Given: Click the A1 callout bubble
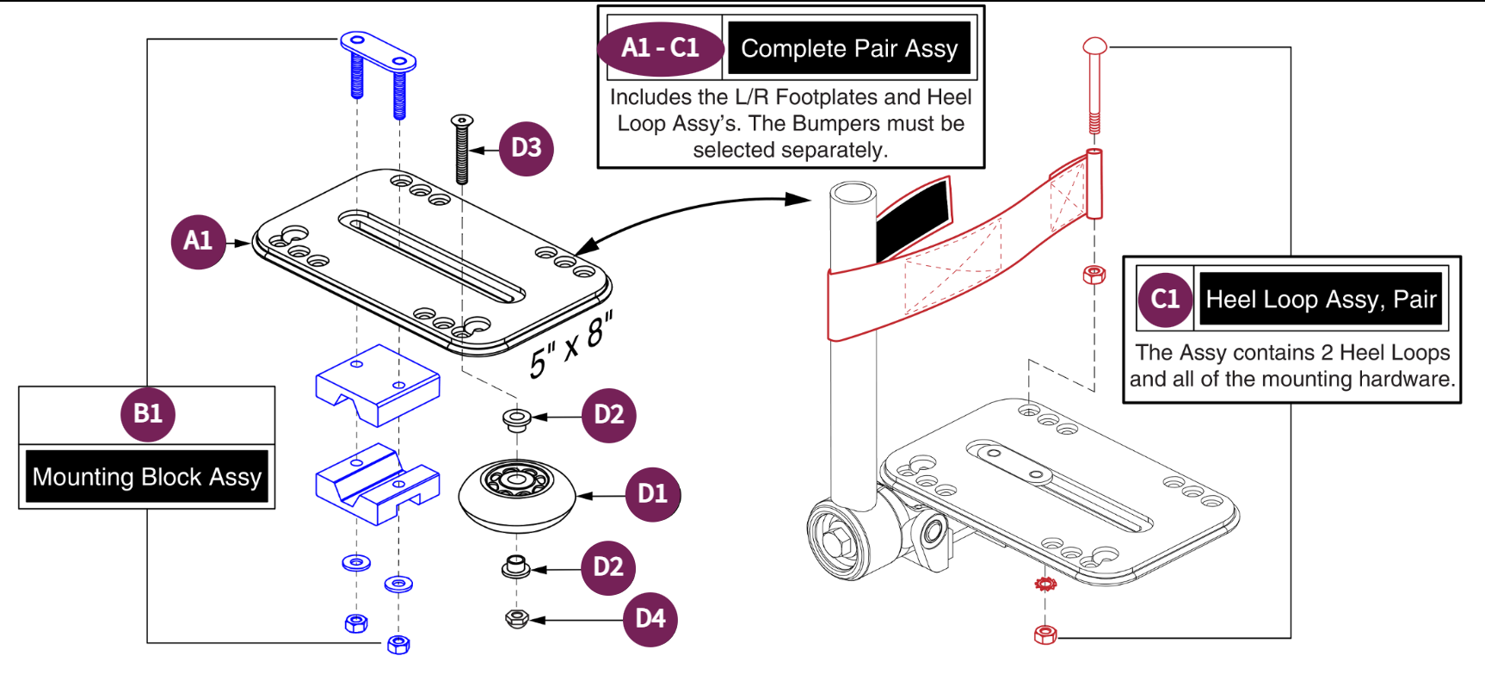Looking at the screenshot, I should click(x=198, y=242).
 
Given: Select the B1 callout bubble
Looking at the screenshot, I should click(x=148, y=414).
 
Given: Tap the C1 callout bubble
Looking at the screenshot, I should click(x=1165, y=300).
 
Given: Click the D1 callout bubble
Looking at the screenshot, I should click(x=652, y=494).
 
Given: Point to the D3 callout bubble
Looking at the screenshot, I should click(x=526, y=148).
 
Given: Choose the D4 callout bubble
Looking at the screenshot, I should click(x=650, y=619).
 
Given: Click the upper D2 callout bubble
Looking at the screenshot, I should click(x=609, y=415).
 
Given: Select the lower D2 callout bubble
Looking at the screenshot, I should click(x=608, y=567).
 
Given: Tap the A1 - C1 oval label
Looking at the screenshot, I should click(x=661, y=48).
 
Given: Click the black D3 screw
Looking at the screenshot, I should click(x=462, y=151).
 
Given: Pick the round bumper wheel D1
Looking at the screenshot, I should click(x=516, y=495).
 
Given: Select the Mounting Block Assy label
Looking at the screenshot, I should click(x=147, y=477).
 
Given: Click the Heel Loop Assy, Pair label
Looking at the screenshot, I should click(x=1321, y=300).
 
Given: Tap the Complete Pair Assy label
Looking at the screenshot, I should click(x=849, y=49).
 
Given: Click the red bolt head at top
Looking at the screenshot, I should click(x=1094, y=46).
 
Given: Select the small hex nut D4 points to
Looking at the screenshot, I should click(x=516, y=618).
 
